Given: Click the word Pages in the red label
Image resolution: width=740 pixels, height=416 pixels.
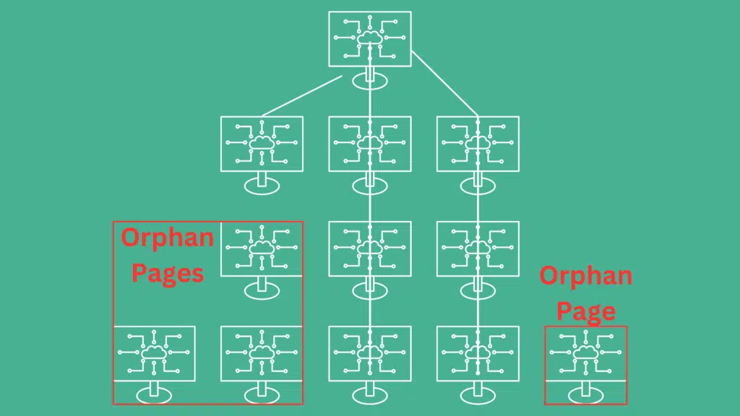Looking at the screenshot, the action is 168,274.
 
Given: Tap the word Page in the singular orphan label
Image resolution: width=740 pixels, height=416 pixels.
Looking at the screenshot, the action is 586,312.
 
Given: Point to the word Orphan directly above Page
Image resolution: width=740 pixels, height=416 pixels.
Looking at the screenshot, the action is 586,277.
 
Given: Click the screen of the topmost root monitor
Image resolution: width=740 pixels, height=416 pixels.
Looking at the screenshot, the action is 370,39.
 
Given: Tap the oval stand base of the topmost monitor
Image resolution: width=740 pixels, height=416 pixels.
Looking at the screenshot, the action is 370,81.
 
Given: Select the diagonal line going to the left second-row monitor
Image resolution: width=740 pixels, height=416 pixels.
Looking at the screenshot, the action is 302,96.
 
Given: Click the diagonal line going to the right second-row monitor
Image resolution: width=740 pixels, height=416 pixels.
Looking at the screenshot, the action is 445,84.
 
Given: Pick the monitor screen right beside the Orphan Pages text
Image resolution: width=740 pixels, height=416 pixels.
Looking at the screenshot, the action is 262,249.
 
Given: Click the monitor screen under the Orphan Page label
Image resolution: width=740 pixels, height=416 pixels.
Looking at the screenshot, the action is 586,354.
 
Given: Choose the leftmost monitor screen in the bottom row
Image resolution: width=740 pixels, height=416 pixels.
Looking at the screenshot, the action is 155,354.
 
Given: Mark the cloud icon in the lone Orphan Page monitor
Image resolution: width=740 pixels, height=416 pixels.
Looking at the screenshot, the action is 586,352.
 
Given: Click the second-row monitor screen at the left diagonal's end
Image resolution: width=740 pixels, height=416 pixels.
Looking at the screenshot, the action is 262,144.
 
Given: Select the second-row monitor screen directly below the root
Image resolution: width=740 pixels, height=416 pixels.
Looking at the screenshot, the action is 370,144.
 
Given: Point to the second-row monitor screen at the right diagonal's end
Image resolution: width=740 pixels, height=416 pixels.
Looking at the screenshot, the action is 478,144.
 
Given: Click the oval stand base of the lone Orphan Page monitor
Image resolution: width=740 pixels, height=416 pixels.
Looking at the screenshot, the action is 586,395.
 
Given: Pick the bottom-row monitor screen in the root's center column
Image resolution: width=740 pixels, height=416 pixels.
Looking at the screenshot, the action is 370,354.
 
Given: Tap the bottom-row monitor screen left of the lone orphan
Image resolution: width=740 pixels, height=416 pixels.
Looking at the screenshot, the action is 478,354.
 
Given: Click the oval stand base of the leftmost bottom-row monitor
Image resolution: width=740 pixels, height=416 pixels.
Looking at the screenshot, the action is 155,395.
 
